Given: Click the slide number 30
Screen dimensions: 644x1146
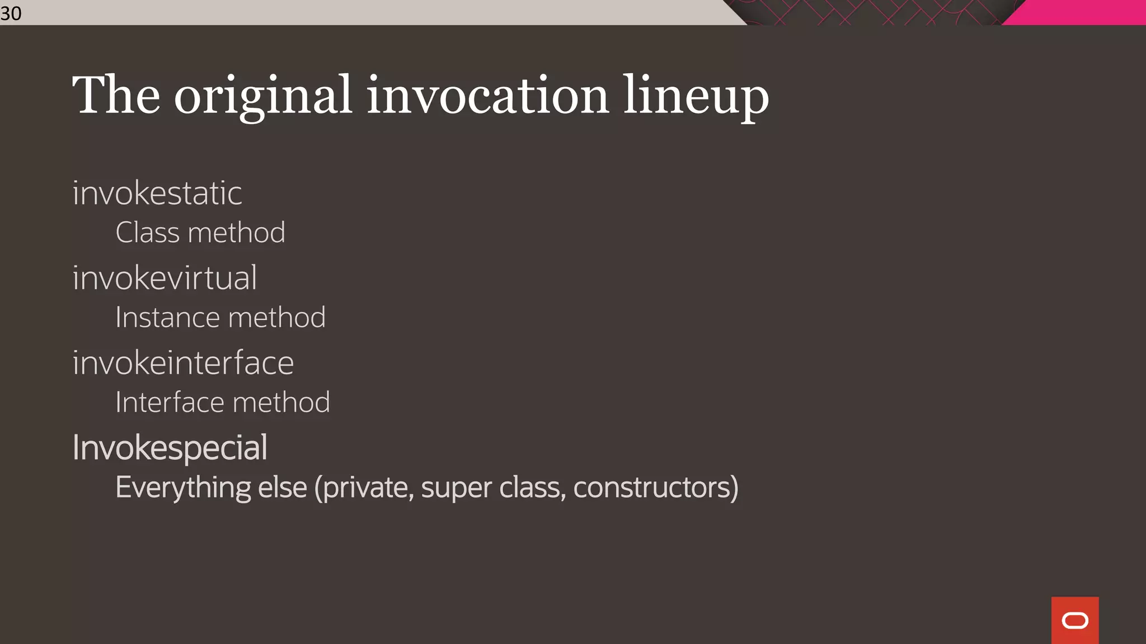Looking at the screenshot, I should [x=11, y=13].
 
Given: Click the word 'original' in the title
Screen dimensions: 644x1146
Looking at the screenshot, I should [x=263, y=96].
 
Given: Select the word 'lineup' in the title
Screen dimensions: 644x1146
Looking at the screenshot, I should [x=696, y=96].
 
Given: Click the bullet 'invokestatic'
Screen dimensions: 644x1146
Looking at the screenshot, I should [x=157, y=193].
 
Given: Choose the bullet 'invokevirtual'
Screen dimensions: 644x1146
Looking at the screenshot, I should [x=165, y=278].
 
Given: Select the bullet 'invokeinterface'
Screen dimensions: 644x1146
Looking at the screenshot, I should [x=183, y=363].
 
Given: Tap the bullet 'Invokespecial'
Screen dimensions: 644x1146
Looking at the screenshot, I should [x=170, y=448].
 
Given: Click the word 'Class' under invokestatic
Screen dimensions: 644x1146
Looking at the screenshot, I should [x=147, y=233].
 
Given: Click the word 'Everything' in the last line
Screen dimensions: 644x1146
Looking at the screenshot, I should [x=183, y=488].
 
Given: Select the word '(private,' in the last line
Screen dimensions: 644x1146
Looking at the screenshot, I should [x=364, y=488].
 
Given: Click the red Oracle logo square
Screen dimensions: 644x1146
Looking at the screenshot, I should [x=1074, y=620].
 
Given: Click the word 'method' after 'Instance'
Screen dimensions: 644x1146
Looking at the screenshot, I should [x=277, y=318].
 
